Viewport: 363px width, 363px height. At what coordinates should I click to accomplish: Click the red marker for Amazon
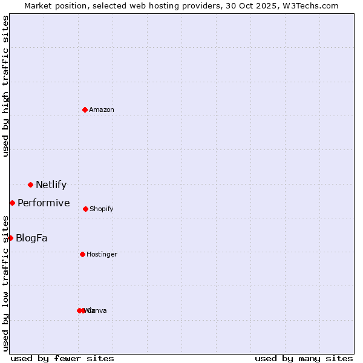pyautogui.click(x=85, y=110)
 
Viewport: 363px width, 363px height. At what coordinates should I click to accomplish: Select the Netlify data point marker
pyautogui.click(x=30, y=185)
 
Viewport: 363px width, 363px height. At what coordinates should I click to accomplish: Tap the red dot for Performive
pyautogui.click(x=12, y=203)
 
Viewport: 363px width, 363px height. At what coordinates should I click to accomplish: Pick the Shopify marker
pyautogui.click(x=85, y=209)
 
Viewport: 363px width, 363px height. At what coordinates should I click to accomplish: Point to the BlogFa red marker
pyautogui.click(x=10, y=238)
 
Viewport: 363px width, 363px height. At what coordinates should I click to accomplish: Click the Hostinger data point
pyautogui.click(x=82, y=254)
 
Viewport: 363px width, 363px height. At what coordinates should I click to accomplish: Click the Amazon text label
pyautogui.click(x=102, y=110)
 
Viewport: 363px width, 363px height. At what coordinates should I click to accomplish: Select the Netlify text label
pyautogui.click(x=51, y=185)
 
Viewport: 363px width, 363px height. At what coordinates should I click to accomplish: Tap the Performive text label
pyautogui.click(x=44, y=203)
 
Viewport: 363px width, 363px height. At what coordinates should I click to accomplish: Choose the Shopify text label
pyautogui.click(x=102, y=209)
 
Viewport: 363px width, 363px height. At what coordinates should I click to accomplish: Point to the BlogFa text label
pyautogui.click(x=31, y=238)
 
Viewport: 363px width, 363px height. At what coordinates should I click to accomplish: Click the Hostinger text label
pyautogui.click(x=102, y=255)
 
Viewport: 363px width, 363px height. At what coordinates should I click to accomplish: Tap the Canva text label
pyautogui.click(x=98, y=311)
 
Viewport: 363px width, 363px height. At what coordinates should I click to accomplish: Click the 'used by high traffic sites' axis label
pyautogui.click(x=5, y=86)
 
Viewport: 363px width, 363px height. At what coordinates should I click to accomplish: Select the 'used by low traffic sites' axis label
pyautogui.click(x=5, y=283)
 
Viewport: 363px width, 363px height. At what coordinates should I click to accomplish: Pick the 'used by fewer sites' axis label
pyautogui.click(x=62, y=359)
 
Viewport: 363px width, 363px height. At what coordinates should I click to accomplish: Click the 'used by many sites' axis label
pyautogui.click(x=304, y=359)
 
